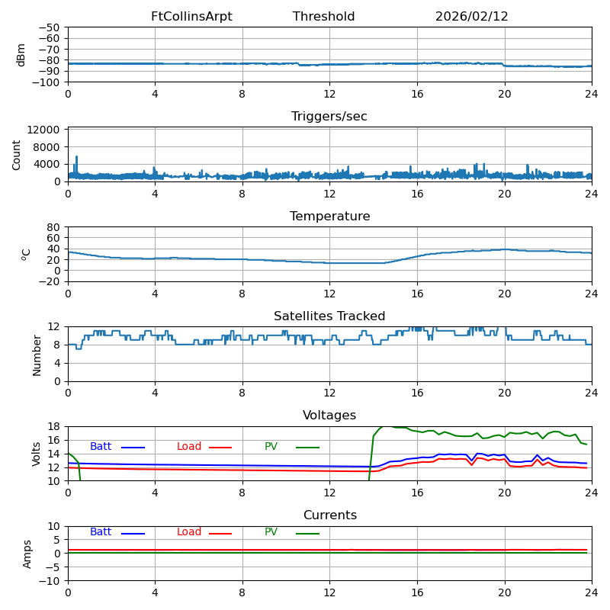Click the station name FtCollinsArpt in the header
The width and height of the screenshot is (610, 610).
tap(191, 17)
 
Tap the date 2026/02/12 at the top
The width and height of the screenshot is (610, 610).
tap(471, 17)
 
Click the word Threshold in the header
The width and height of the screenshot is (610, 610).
tap(323, 17)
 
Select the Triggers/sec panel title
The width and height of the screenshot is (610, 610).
tap(329, 117)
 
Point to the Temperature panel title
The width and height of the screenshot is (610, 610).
tap(329, 217)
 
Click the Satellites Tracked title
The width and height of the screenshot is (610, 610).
tap(329, 316)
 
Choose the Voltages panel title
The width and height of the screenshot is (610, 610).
tap(329, 416)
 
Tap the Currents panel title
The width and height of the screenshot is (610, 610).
tap(329, 515)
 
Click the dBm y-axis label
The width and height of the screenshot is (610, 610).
tap(21, 54)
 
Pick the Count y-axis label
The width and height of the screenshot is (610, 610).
tap(17, 154)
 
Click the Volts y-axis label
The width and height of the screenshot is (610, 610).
tap(37, 453)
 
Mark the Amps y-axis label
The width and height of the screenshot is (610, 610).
tap(27, 553)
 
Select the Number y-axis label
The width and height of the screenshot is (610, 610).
tap(37, 354)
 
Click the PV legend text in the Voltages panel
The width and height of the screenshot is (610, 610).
tap(271, 447)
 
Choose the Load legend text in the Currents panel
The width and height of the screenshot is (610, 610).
tap(189, 532)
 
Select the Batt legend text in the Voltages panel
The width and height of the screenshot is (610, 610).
tap(101, 447)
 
